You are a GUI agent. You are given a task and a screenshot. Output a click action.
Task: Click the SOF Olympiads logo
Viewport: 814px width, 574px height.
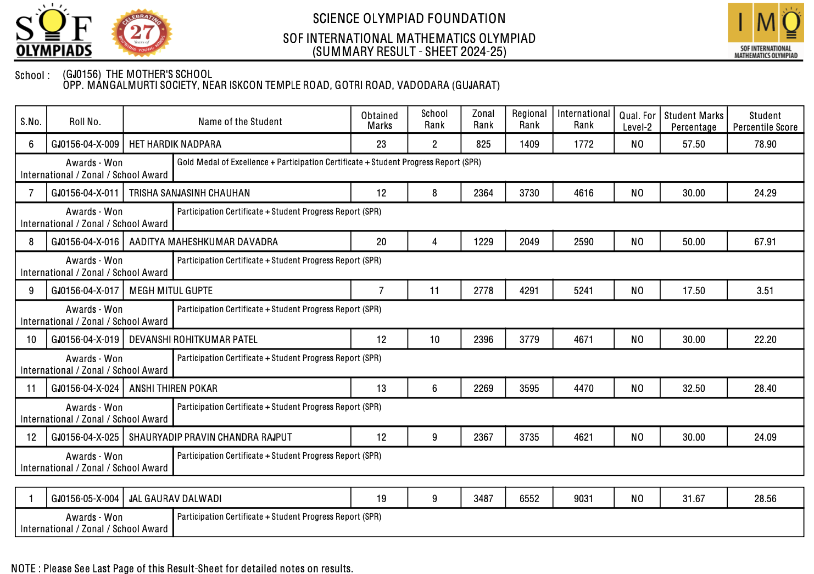tap(53, 32)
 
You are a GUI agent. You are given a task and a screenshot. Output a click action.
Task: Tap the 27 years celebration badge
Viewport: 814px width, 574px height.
tap(142, 33)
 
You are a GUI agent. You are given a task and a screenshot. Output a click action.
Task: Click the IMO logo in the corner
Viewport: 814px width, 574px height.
tap(765, 31)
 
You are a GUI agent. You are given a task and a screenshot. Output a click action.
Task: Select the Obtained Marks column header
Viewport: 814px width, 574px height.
tap(380, 120)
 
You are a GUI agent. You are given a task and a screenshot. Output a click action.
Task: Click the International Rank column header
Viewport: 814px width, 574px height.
tap(583, 119)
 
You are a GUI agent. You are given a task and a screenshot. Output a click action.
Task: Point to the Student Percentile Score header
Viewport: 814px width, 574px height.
tap(765, 121)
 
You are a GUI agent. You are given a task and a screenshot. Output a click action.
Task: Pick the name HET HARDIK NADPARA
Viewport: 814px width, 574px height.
tap(175, 144)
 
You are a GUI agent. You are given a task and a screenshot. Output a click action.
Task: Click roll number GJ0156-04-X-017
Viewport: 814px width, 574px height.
tap(85, 291)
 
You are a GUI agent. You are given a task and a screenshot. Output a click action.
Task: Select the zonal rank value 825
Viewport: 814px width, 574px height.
tap(483, 144)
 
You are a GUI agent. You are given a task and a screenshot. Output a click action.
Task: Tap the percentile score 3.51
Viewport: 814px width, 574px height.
tap(765, 291)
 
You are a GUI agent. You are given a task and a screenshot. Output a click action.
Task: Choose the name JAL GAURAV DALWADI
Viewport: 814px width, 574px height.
tap(175, 499)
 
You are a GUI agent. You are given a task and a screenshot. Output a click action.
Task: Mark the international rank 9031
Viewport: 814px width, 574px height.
tap(583, 499)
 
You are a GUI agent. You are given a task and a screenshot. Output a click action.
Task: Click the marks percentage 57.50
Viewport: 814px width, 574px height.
tap(694, 144)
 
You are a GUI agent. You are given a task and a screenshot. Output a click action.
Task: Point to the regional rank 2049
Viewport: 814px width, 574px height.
tap(529, 242)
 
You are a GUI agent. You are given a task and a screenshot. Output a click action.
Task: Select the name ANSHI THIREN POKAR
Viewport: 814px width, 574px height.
tap(173, 389)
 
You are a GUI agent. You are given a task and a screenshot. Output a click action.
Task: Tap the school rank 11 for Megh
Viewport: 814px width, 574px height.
tap(434, 291)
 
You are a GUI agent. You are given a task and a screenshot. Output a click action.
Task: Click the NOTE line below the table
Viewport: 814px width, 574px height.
tap(182, 569)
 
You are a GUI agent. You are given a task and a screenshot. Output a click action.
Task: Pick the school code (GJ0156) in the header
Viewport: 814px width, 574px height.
tap(82, 74)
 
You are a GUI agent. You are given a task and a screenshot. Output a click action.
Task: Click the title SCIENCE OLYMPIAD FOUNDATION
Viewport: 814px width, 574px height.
tap(409, 19)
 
